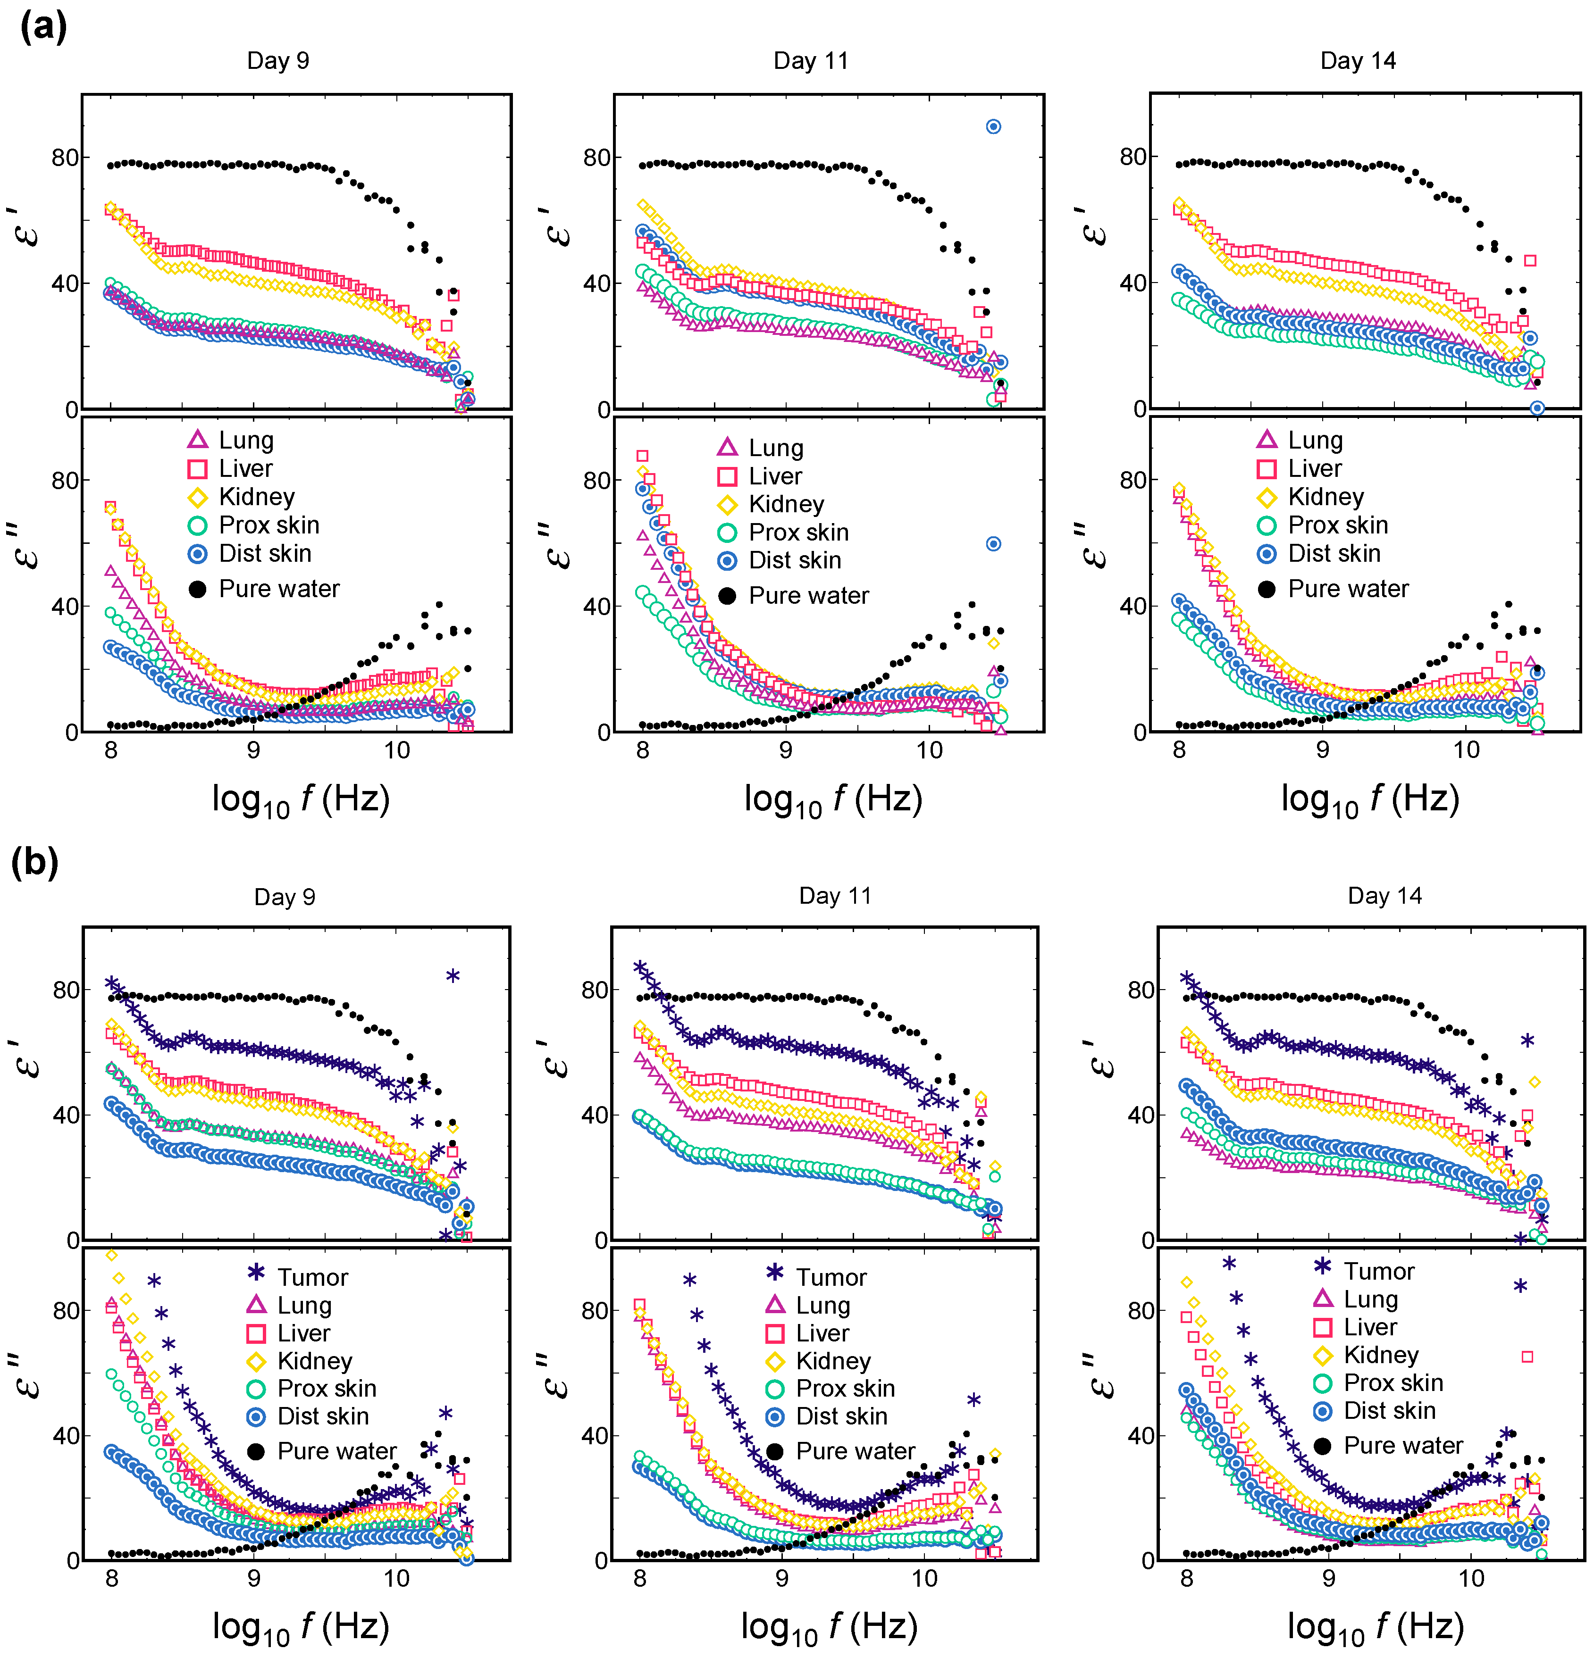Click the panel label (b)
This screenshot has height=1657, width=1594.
click(x=34, y=863)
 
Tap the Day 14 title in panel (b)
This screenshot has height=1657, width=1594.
click(x=1384, y=896)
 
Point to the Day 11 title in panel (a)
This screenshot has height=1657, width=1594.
click(x=810, y=61)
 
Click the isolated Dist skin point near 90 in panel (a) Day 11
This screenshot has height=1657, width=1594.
click(x=994, y=127)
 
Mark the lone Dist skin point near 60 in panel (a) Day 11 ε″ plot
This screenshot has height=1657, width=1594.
click(x=994, y=543)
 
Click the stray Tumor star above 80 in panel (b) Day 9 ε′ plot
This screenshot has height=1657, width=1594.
click(x=453, y=975)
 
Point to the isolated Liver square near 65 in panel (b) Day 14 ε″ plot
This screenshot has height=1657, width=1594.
click(x=1527, y=1356)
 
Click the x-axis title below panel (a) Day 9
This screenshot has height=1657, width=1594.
click(x=300, y=799)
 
